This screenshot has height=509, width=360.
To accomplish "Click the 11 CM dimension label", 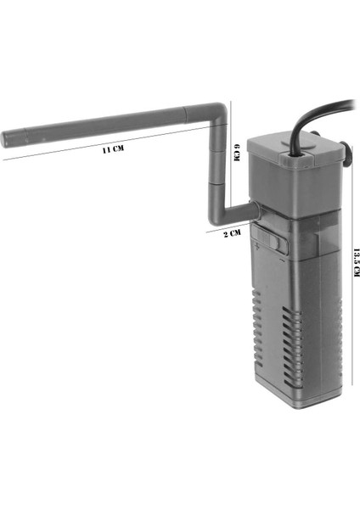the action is [113, 149].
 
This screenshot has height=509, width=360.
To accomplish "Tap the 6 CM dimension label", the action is [237, 152].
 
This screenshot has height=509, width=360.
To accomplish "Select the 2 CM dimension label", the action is [233, 233].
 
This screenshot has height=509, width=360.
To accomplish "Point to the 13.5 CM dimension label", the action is [357, 263].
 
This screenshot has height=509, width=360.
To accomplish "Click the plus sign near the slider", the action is [257, 247].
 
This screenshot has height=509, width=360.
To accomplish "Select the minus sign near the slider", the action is [282, 260].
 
